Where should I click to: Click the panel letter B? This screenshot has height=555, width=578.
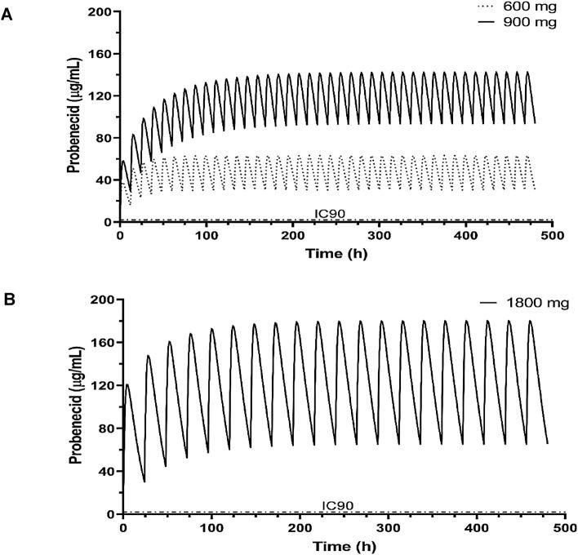(x=7, y=302)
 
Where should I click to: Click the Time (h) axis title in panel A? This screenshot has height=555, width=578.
(x=335, y=254)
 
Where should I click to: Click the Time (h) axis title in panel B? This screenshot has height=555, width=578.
(x=342, y=544)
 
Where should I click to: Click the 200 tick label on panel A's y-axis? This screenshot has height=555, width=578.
(x=100, y=12)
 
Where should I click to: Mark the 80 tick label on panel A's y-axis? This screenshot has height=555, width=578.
(x=104, y=138)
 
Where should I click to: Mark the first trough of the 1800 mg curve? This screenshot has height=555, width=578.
(x=144, y=482)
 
